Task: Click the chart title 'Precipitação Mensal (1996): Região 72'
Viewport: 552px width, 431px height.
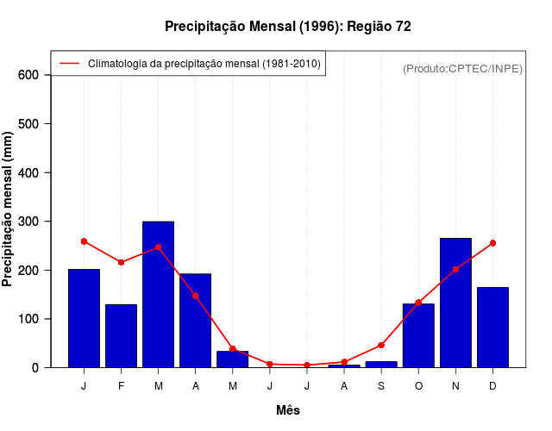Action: click(x=287, y=27)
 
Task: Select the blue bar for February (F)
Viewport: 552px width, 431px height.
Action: click(x=121, y=335)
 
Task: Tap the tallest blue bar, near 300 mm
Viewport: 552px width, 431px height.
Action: click(x=159, y=294)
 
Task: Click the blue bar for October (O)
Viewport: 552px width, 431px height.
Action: click(x=418, y=335)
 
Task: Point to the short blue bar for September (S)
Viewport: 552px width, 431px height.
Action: click(x=381, y=364)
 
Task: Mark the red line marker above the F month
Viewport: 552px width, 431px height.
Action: click(x=121, y=262)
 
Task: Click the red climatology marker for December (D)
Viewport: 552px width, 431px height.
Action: click(x=492, y=243)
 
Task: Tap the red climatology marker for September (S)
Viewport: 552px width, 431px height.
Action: click(x=381, y=345)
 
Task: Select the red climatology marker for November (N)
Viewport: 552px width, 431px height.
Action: click(x=455, y=269)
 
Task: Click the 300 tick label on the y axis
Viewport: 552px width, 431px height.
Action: click(x=29, y=222)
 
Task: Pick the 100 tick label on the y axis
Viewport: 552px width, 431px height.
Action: click(x=29, y=319)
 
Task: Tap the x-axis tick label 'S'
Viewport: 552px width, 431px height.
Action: click(x=381, y=386)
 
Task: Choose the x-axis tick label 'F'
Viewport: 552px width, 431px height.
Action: click(x=121, y=386)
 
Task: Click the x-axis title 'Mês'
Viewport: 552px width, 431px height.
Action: click(x=288, y=410)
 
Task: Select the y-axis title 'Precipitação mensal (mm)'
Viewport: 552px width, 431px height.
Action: click(x=9, y=209)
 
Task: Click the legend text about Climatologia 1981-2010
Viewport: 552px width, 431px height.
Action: click(x=204, y=64)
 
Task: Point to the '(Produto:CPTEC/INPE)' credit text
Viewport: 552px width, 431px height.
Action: click(x=462, y=68)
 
